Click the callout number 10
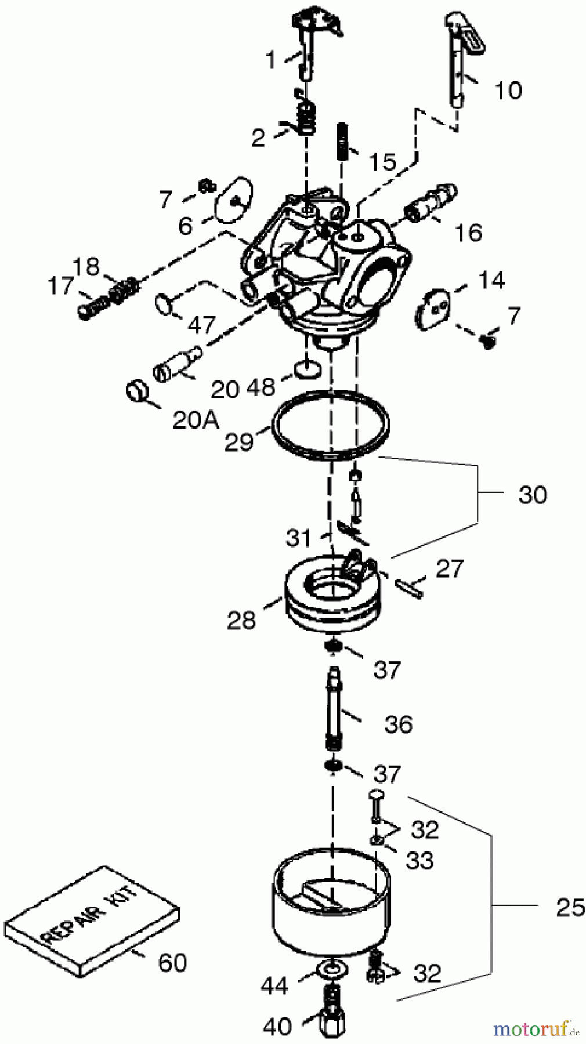coord(508,90)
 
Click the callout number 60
coord(172,963)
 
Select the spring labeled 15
coord(342,142)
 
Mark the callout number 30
coord(532,495)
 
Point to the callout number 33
coord(419,861)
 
